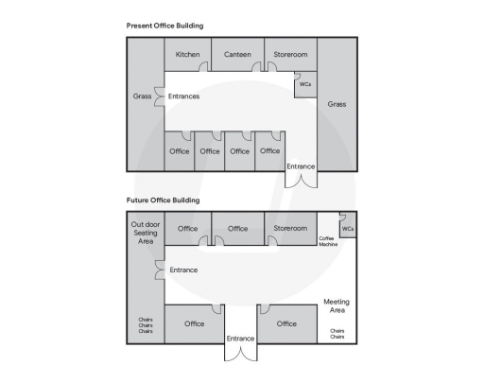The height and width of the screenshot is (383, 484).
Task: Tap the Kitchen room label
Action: tap(188, 55)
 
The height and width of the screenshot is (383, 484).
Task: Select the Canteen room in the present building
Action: tap(237, 55)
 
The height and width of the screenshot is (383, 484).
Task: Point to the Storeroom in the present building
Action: tap(290, 55)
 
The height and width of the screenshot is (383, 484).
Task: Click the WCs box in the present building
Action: tap(304, 84)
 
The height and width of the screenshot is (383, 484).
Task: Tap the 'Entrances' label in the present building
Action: tap(183, 96)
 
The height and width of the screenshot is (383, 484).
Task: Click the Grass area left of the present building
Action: tap(143, 96)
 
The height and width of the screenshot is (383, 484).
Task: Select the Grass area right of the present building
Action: tap(337, 104)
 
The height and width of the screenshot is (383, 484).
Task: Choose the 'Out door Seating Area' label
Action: tap(146, 233)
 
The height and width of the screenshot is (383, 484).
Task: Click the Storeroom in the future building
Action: tap(290, 228)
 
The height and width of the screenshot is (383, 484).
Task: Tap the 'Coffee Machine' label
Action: tap(327, 241)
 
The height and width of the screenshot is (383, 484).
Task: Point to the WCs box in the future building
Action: tap(348, 228)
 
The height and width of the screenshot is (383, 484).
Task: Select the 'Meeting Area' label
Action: tap(337, 305)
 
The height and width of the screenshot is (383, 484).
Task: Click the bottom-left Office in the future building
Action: tap(194, 324)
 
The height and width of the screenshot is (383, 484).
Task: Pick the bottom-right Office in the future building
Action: tap(286, 324)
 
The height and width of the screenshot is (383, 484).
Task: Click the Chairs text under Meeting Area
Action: tap(337, 334)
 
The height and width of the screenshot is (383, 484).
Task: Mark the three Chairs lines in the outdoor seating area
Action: tap(146, 326)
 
